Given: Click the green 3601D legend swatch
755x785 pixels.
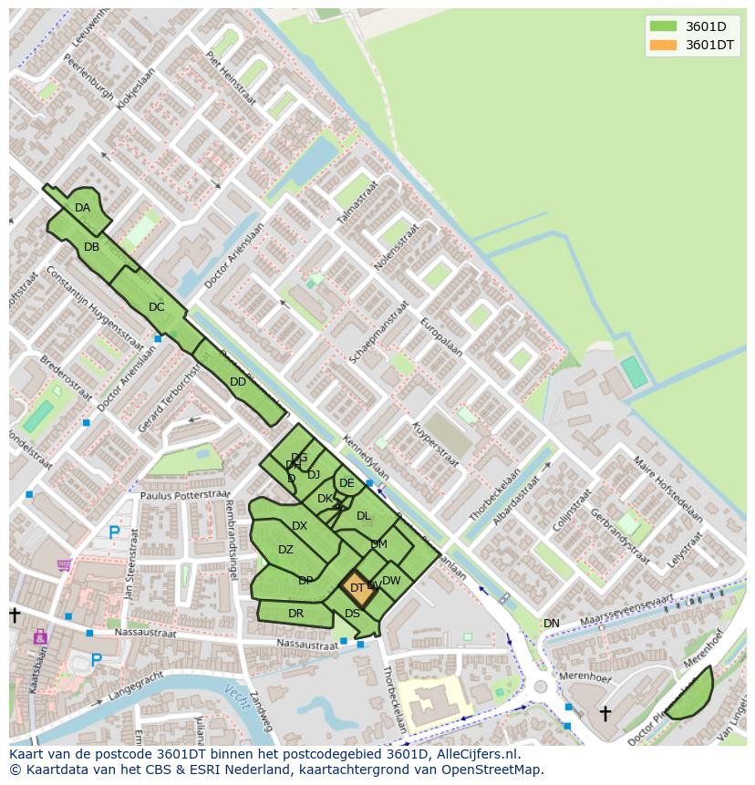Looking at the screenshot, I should click(663, 26).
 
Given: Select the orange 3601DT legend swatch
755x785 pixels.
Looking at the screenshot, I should click(663, 45).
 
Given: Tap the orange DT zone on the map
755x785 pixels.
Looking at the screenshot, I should click(357, 588).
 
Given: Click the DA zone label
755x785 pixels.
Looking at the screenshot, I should click(83, 208).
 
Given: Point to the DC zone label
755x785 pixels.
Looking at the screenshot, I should click(156, 307).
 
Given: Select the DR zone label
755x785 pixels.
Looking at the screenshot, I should click(295, 614).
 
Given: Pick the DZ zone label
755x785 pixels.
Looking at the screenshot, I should click(285, 550).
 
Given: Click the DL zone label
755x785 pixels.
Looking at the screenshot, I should click(364, 516).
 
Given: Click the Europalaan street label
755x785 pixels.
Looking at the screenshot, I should click(441, 337).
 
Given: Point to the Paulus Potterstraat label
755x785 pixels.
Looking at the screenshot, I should click(186, 495).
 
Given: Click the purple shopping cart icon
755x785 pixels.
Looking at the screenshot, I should click(64, 565).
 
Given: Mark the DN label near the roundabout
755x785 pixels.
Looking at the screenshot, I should click(552, 624).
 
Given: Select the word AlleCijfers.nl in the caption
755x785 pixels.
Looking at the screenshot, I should click(475, 754).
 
